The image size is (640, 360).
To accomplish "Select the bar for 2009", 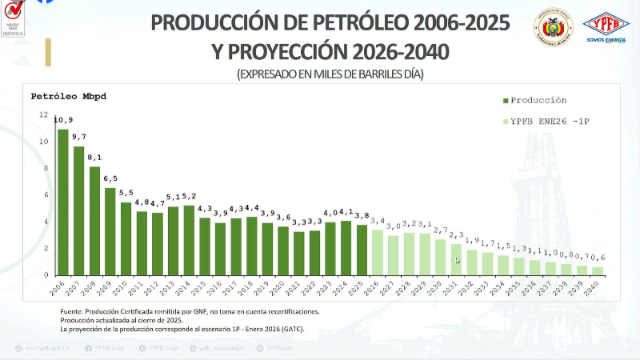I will coord(110,232).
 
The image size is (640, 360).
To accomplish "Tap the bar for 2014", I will coord(189,241).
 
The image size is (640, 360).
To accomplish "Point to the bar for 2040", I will coord(598,271).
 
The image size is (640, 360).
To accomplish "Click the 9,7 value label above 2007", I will coord(78,137).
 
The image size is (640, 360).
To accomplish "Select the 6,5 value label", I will coord(110,178).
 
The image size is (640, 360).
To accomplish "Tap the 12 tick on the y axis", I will coord(44,115).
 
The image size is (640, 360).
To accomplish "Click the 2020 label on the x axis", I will coord(282,288).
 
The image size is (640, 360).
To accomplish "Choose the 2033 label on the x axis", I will coord(486,288).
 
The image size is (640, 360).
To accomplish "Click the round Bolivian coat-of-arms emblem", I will coord(553,28).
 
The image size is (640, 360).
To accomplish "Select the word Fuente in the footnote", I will coord(73,310).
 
